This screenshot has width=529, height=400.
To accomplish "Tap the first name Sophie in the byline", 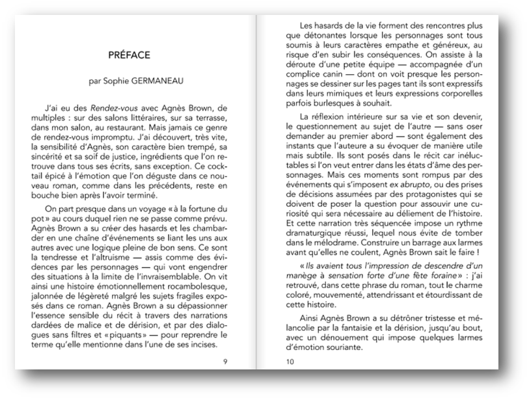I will (113, 82).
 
